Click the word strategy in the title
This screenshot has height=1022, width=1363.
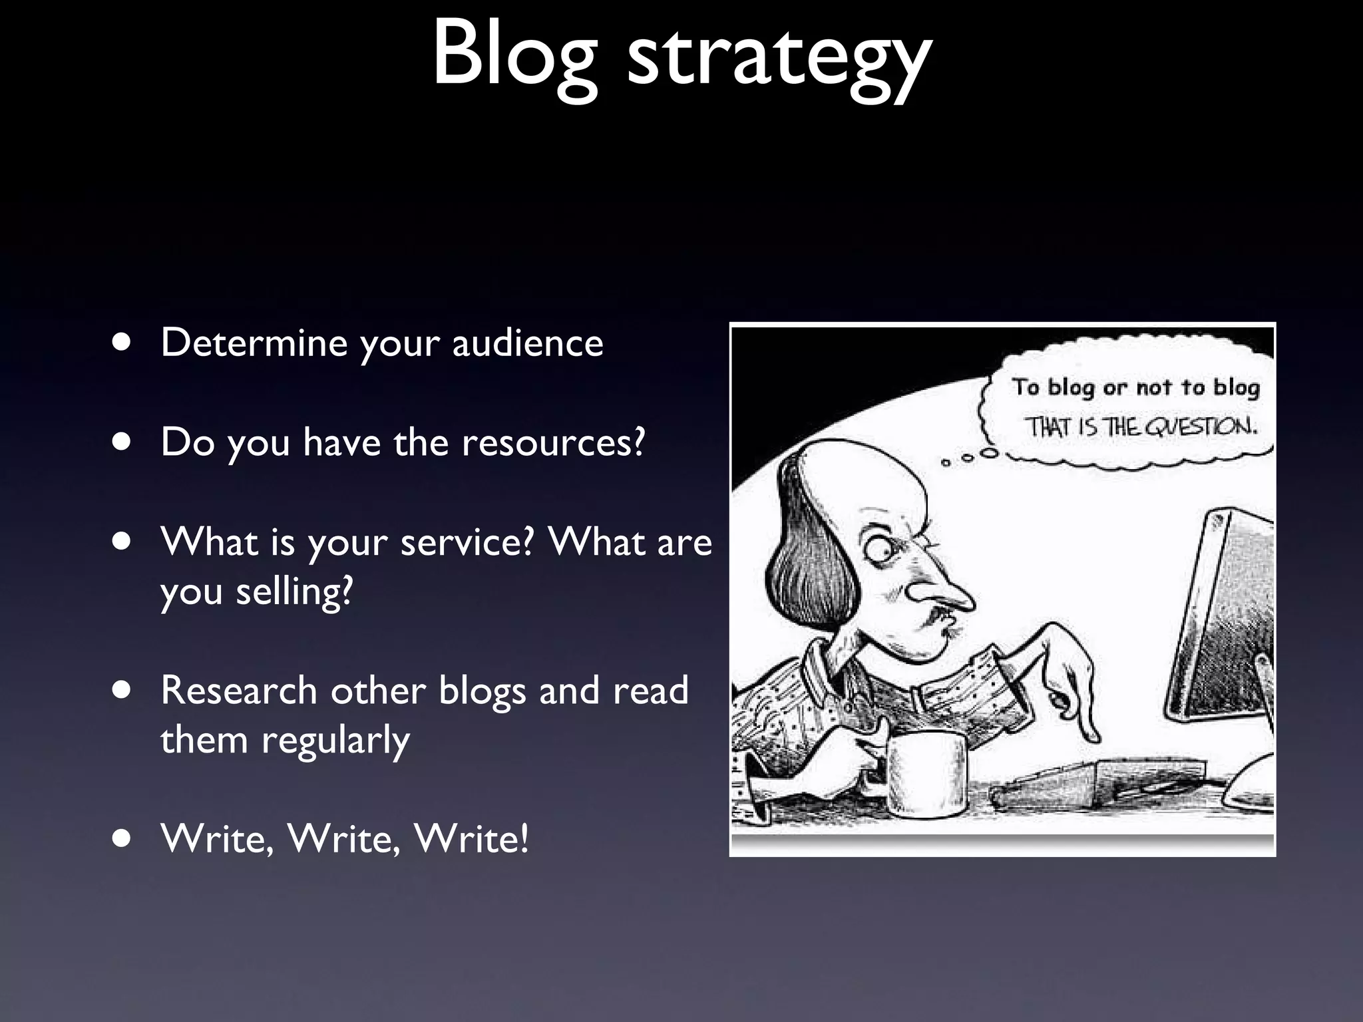(x=779, y=60)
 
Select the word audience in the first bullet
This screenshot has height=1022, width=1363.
(x=528, y=343)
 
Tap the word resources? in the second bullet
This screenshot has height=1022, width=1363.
(x=553, y=442)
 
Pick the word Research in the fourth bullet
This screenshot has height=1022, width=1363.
(x=238, y=691)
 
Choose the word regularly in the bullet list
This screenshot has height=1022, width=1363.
(x=335, y=741)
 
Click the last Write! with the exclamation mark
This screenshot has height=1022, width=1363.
(x=471, y=838)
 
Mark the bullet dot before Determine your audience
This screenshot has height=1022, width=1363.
(x=121, y=343)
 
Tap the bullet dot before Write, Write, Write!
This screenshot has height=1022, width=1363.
(x=121, y=838)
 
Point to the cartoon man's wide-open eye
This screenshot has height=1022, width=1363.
(x=877, y=549)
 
